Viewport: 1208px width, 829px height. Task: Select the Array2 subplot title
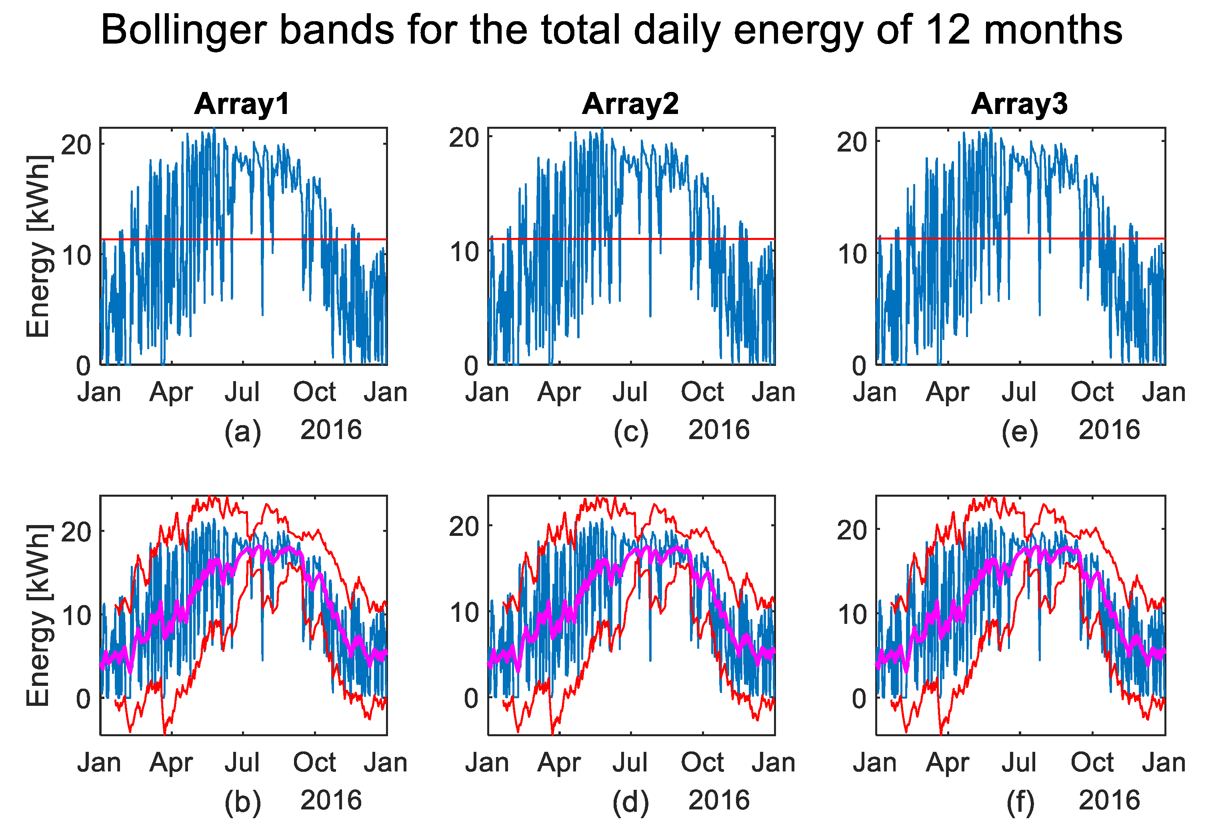pyautogui.click(x=630, y=104)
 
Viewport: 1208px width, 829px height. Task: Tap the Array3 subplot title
pyautogui.click(x=1019, y=104)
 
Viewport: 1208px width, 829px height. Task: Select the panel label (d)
pyautogui.click(x=630, y=802)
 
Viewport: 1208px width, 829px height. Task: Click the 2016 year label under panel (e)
pyautogui.click(x=1109, y=430)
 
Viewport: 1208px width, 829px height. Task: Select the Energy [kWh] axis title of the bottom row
pyautogui.click(x=39, y=615)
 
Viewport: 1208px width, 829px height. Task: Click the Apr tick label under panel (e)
pyautogui.click(x=947, y=392)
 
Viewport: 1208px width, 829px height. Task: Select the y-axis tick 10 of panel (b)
pyautogui.click(x=76, y=615)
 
